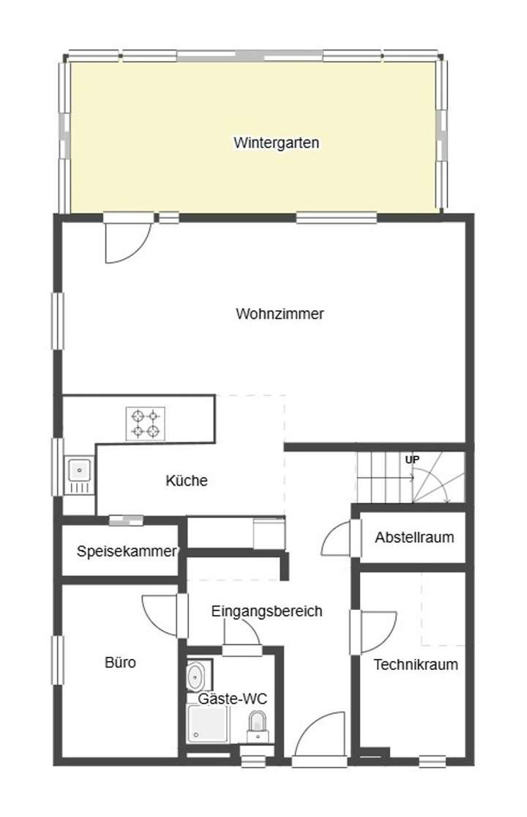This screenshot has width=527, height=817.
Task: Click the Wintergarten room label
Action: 276,143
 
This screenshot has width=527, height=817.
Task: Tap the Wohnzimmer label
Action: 280,314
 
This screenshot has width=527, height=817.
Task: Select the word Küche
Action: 187,481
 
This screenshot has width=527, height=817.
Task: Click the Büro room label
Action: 120,663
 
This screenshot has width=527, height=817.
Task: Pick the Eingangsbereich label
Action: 266,611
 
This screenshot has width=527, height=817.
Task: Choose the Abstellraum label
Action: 414,538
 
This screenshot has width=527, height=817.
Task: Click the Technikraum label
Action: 416,665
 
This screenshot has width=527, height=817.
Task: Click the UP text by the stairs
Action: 412,459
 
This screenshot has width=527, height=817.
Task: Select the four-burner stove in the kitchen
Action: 145,423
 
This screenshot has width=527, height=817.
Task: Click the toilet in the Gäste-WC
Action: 257,721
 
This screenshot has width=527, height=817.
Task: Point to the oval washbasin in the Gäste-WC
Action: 195,677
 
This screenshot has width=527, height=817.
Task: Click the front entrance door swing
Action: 321,735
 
